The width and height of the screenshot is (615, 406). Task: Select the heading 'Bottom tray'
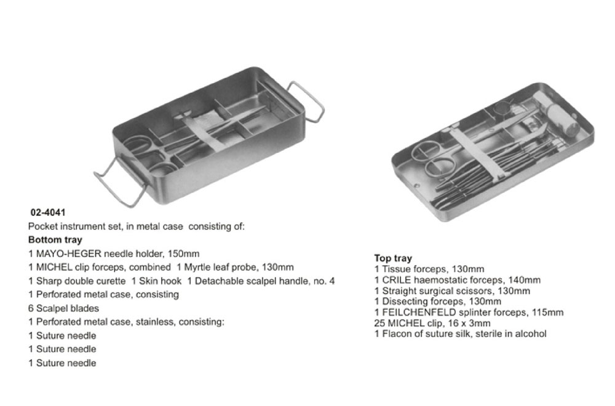pos(55,240)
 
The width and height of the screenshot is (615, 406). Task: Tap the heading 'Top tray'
pos(393,258)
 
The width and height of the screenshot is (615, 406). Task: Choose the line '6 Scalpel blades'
pos(63,308)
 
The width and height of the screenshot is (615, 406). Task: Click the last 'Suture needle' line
pos(62,363)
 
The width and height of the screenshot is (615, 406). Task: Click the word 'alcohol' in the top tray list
pos(531,333)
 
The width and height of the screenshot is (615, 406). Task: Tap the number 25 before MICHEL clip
pos(379,323)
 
